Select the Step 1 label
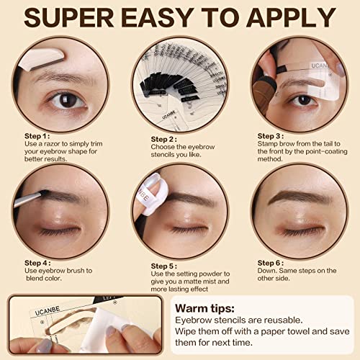(x=37, y=135)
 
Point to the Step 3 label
(x=271, y=135)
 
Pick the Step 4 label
(x=37, y=264)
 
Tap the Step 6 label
(x=271, y=264)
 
